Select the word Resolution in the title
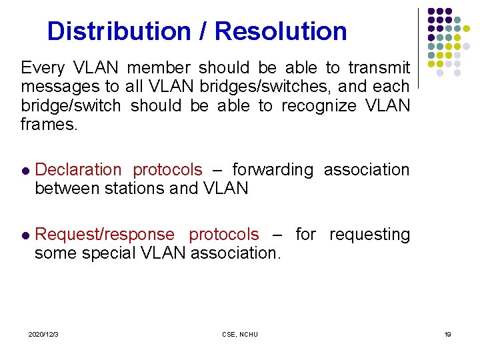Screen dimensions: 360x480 click(281, 31)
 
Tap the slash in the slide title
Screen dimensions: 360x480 click(202, 31)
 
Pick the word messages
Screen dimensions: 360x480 click(55, 86)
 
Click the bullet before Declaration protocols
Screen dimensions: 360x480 click(25, 171)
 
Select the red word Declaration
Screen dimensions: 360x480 click(78, 170)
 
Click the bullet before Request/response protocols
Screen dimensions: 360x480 click(25, 235)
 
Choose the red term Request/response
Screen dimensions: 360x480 click(105, 235)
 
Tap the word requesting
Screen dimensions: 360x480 click(369, 235)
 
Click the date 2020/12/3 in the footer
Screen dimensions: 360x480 click(43, 334)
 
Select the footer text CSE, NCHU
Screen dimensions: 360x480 click(240, 334)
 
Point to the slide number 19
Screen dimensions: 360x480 click(447, 334)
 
